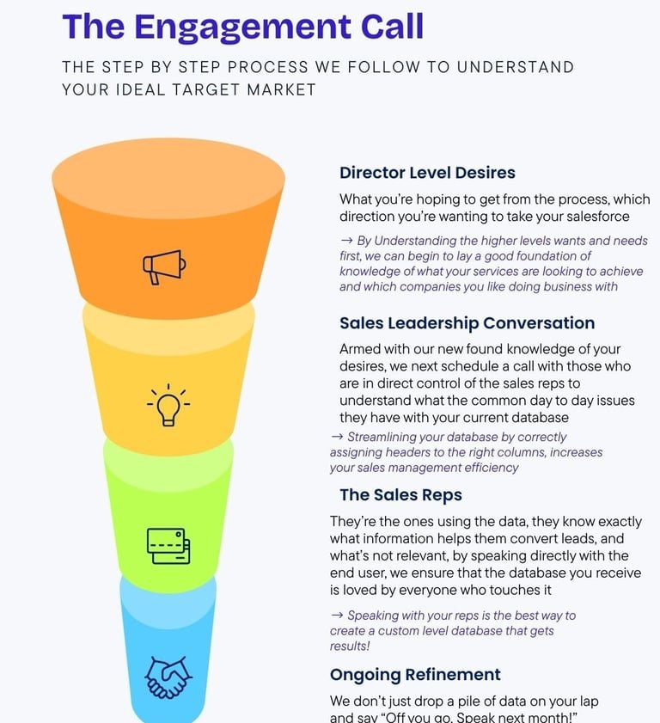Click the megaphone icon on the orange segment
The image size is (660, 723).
click(x=163, y=267)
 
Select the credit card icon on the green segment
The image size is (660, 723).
click(x=168, y=546)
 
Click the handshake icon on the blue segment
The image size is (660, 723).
click(x=168, y=677)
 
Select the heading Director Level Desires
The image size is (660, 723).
click(x=427, y=173)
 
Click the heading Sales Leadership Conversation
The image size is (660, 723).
click(x=467, y=323)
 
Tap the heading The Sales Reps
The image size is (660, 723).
click(x=400, y=494)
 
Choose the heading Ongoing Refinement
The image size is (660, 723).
click(x=415, y=675)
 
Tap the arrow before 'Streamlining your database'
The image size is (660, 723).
click(x=337, y=437)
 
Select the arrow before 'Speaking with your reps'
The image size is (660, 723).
click(x=337, y=616)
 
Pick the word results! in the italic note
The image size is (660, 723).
click(x=350, y=646)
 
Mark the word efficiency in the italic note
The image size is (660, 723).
click(x=492, y=468)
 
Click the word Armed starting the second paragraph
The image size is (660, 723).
click(x=360, y=350)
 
